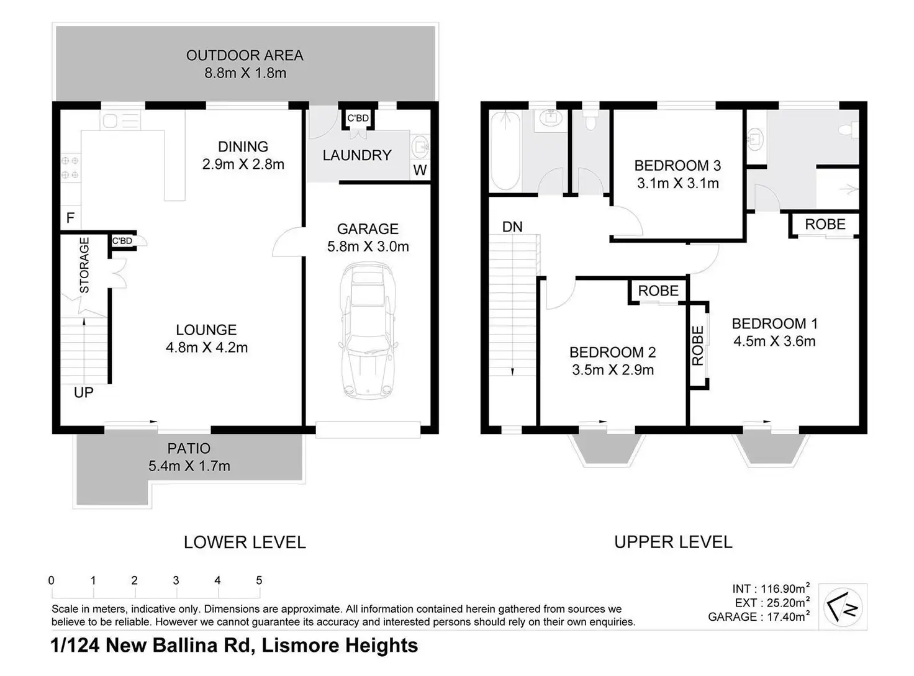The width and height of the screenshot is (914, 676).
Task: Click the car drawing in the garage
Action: pyautogui.click(x=368, y=331)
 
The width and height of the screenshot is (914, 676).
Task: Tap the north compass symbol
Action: pyautogui.click(x=843, y=607)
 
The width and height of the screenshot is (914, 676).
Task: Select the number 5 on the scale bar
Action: pyautogui.click(x=259, y=580)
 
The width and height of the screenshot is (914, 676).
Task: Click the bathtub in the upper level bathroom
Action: pyautogui.click(x=505, y=151)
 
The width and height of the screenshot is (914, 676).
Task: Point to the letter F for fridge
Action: pyautogui.click(x=70, y=217)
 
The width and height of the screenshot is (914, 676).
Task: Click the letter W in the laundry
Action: pyautogui.click(x=420, y=169)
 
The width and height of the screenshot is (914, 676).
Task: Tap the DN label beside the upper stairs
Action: pyautogui.click(x=512, y=227)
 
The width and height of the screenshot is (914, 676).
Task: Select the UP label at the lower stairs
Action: pyautogui.click(x=84, y=392)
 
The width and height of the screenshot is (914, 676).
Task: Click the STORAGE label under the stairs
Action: pyautogui.click(x=84, y=265)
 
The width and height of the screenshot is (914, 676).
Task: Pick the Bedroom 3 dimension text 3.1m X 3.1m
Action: pyautogui.click(x=678, y=183)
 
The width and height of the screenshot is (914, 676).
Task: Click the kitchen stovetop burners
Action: pyautogui.click(x=70, y=168)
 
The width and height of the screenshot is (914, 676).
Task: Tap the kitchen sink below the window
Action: pyautogui.click(x=120, y=121)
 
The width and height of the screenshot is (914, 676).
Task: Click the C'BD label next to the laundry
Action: pyautogui.click(x=358, y=119)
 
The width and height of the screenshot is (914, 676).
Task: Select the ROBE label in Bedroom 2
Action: pyautogui.click(x=658, y=291)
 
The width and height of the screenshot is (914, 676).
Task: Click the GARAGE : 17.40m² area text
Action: pyautogui.click(x=759, y=616)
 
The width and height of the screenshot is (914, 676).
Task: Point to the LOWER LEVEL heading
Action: pyautogui.click(x=245, y=542)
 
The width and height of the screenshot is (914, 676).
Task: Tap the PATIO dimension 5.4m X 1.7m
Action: pyautogui.click(x=189, y=466)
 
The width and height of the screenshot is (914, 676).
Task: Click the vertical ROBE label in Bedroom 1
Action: pyautogui.click(x=697, y=346)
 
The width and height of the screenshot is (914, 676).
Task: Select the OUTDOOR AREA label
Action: pyautogui.click(x=245, y=55)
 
